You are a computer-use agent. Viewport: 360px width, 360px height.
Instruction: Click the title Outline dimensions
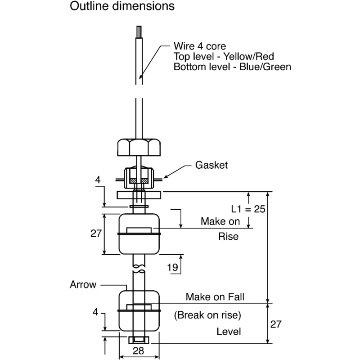click(122, 6)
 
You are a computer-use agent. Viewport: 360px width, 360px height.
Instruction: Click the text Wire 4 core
click(200, 46)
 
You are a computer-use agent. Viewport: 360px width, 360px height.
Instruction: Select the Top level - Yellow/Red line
click(224, 57)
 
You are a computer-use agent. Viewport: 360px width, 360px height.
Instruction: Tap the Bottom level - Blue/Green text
click(232, 67)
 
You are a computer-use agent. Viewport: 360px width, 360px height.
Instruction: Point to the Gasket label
click(211, 165)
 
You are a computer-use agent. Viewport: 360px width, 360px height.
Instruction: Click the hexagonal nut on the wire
click(139, 148)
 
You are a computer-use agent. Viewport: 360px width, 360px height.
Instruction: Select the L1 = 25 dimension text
click(248, 209)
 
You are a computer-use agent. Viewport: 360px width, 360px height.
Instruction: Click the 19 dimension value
click(172, 267)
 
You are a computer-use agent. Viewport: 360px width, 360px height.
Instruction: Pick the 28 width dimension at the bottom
click(139, 351)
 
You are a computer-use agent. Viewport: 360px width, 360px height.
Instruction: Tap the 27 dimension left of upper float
click(96, 233)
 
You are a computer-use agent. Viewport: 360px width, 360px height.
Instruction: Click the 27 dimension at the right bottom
click(276, 324)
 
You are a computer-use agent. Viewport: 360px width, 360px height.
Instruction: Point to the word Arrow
click(83, 285)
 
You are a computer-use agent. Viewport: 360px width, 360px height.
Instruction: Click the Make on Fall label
click(215, 297)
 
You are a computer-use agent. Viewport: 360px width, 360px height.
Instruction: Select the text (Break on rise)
click(207, 315)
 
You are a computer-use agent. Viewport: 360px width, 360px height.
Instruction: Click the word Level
click(229, 332)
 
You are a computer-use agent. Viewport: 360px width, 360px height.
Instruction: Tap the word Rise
click(228, 237)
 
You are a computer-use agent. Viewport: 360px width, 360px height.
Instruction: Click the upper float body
click(139, 234)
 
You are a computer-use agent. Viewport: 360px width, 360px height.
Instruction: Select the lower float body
click(139, 311)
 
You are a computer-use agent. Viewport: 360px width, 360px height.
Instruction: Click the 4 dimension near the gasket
click(98, 180)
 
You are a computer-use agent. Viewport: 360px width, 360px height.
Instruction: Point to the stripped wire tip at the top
click(139, 31)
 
